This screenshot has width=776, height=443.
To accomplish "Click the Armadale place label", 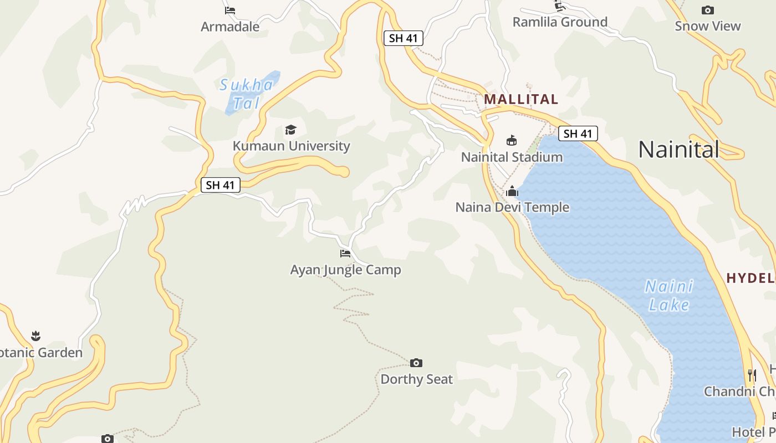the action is (230, 26).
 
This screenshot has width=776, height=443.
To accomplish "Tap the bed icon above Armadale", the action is (230, 10).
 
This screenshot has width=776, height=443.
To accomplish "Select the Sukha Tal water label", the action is (246, 94).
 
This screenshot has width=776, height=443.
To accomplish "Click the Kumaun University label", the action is (291, 146).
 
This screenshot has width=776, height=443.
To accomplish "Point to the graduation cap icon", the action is (290, 130).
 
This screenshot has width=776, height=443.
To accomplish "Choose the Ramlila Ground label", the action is (560, 22).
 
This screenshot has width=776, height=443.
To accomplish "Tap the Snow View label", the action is (707, 26).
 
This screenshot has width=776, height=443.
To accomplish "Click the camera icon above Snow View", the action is (707, 10).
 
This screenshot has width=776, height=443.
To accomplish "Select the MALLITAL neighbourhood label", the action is (521, 100).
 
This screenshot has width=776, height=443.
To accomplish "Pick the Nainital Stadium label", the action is (512, 157).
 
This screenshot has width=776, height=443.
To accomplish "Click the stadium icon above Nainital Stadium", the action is (512, 141).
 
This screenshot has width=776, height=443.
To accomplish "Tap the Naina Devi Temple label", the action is (512, 208).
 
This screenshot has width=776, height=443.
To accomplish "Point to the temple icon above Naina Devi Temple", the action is (512, 192).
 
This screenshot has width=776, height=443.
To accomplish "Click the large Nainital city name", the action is (678, 150).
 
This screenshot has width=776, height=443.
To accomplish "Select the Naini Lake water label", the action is (669, 296).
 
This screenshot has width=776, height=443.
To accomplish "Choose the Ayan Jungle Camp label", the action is (345, 270).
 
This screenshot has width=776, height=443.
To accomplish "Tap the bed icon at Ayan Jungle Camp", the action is (345, 254).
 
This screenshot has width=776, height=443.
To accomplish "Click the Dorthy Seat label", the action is (416, 379).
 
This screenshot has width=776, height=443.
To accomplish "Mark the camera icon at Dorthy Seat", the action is (416, 363).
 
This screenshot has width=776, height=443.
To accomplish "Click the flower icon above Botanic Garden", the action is (36, 336).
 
